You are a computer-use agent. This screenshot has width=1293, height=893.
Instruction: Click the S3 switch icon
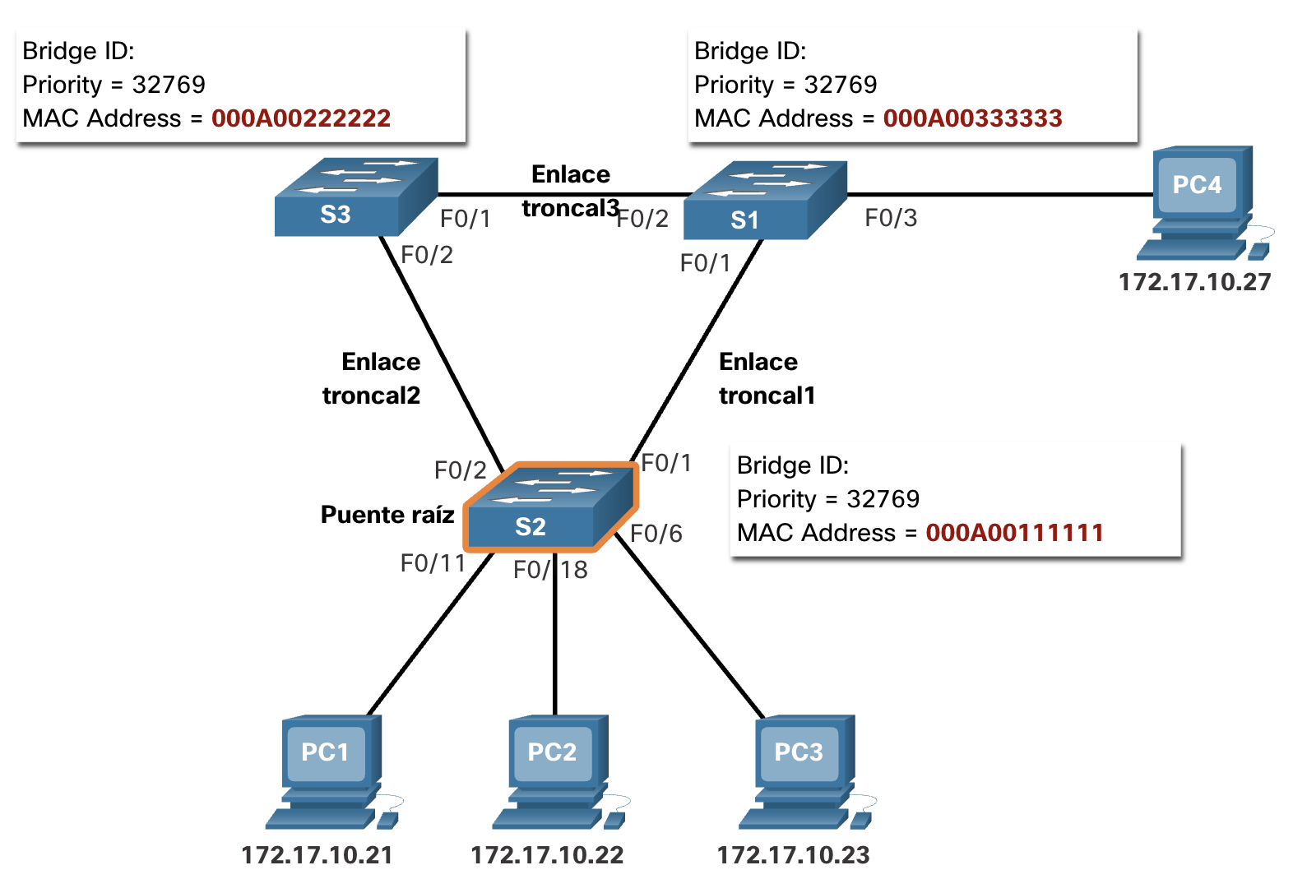point(356,197)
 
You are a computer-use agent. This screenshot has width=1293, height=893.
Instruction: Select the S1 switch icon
point(766,201)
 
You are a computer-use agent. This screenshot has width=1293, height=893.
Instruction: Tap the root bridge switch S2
point(551,507)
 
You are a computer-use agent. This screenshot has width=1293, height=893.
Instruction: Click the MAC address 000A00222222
point(301,118)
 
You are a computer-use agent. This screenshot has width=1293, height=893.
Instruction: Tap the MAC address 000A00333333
point(973,118)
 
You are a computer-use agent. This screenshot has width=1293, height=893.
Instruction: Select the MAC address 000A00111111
point(1015,532)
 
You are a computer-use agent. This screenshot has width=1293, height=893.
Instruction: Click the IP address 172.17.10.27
point(1195,282)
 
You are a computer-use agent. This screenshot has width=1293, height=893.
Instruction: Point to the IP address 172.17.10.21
point(317,855)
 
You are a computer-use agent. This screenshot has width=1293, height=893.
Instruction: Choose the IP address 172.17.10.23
point(793,855)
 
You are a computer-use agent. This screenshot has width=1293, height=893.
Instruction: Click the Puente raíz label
point(387,514)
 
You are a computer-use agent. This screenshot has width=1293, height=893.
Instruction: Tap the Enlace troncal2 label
point(371,379)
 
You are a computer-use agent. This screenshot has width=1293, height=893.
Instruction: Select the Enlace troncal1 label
point(767,379)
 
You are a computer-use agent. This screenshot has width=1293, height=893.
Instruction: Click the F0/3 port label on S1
point(891,218)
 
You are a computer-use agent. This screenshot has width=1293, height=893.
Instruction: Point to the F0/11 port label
point(433,563)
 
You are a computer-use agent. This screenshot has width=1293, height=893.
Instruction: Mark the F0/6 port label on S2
point(656,534)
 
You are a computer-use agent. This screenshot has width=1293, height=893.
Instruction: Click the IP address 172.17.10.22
point(547,855)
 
